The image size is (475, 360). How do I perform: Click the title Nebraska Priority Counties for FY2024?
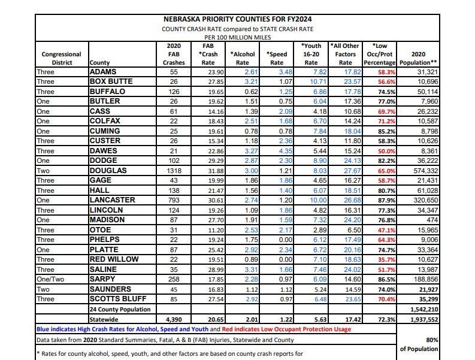[x=238, y=19]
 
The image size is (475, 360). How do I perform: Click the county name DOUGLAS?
[x=108, y=170]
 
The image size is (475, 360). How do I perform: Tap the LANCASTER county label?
[x=112, y=200]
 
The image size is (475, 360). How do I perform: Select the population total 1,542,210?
[x=424, y=310]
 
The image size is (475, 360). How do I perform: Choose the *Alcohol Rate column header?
[x=243, y=58]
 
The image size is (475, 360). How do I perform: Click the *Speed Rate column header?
[x=277, y=58]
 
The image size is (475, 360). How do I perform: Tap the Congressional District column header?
[x=62, y=58]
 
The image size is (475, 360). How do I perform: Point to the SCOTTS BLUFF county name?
[x=118, y=299]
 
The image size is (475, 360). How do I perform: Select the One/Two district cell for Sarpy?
[x=52, y=279]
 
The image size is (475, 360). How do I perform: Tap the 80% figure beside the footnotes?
[x=431, y=340]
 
